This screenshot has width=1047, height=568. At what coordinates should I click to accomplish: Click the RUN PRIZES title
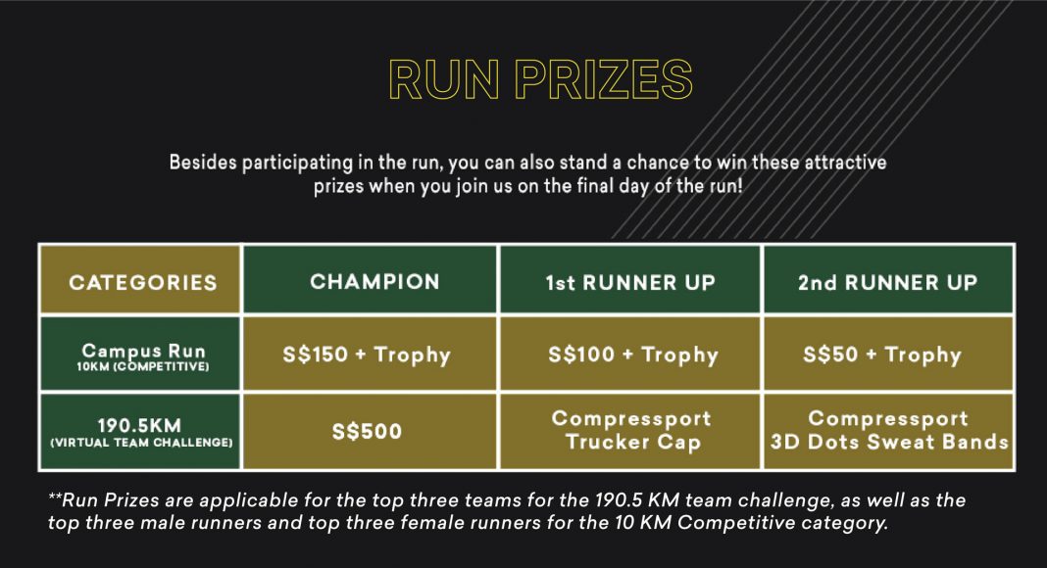pyautogui.click(x=541, y=80)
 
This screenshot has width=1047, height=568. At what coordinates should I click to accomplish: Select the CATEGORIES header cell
pyautogui.click(x=141, y=280)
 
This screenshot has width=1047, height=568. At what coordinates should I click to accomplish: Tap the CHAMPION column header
pyautogui.click(x=371, y=280)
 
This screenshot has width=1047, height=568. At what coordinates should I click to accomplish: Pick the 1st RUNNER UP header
pyautogui.click(x=630, y=280)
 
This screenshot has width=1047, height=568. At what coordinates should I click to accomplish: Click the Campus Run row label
pyautogui.click(x=141, y=354)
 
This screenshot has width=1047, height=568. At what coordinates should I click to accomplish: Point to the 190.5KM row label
pyautogui.click(x=141, y=432)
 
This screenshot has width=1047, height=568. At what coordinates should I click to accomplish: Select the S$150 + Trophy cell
pyautogui.click(x=371, y=354)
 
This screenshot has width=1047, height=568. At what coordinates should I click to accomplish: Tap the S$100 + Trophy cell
pyautogui.click(x=630, y=354)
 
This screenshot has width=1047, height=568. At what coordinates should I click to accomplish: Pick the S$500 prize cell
pyautogui.click(x=371, y=432)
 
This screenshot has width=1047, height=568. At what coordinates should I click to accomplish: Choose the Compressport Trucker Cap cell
pyautogui.click(x=630, y=432)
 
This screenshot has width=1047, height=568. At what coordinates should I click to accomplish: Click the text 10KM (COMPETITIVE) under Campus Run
pyautogui.click(x=143, y=366)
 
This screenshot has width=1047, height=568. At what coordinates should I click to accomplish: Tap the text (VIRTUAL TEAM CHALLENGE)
pyautogui.click(x=141, y=443)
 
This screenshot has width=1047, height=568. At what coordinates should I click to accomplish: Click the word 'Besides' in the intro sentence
pyautogui.click(x=203, y=162)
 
